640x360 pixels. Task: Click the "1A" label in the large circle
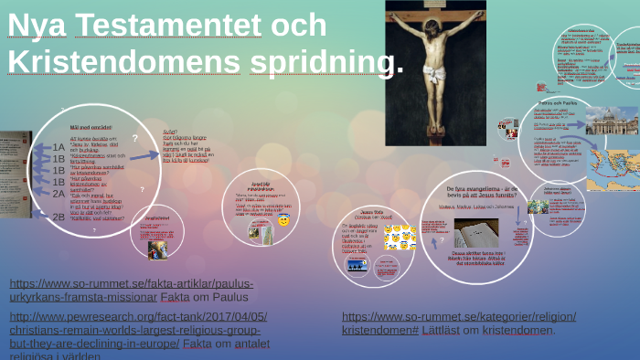pos(59,146)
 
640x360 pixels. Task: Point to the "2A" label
pos(59,193)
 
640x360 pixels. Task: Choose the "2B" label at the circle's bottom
pos(59,217)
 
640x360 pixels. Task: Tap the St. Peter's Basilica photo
pos(611,121)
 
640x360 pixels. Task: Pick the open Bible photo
pos(476,231)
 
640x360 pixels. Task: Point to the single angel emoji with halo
pos(283,221)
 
